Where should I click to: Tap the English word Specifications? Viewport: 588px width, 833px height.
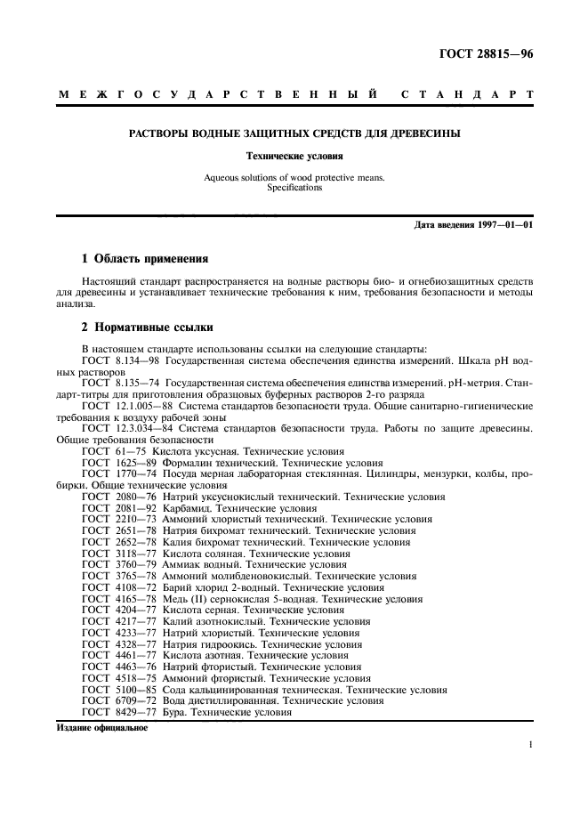(x=294, y=188)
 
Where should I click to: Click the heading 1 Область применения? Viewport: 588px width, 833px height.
(x=145, y=259)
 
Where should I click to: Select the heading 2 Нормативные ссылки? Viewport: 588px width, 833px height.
(x=146, y=327)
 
